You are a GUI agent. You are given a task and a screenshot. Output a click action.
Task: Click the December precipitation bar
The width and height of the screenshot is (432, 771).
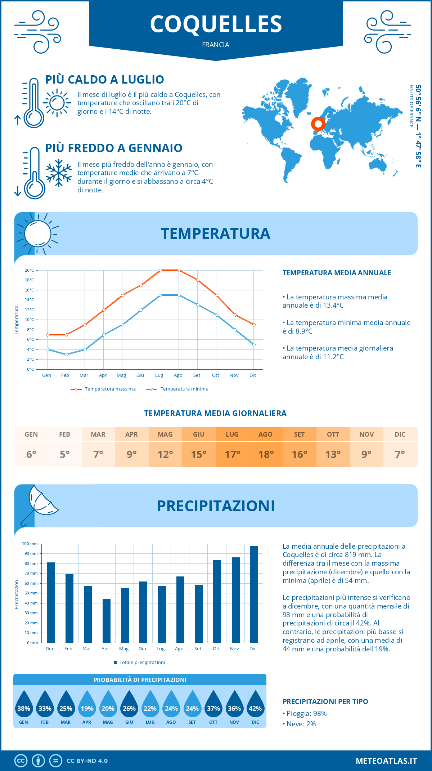pyautogui.click(x=254, y=594)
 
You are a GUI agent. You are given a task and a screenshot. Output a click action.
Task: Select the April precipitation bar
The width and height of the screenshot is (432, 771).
pyautogui.click(x=106, y=620)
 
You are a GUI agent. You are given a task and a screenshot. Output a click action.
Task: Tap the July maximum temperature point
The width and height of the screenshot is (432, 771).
pyautogui.click(x=160, y=270)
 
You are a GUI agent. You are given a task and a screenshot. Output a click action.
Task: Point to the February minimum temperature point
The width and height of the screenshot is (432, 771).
pyautogui.click(x=66, y=355)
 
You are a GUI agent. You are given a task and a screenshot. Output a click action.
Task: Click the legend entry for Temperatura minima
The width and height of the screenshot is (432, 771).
pyautogui.click(x=177, y=389)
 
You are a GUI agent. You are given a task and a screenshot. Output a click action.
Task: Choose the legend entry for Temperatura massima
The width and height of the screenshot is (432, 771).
pyautogui.click(x=103, y=389)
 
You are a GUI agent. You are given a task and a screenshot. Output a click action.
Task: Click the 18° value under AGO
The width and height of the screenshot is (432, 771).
pyautogui.click(x=266, y=454)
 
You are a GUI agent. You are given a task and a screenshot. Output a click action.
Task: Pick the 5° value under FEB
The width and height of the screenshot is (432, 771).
pyautogui.click(x=65, y=454)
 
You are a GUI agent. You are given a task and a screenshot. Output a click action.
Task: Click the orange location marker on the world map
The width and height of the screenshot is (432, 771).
pyautogui.click(x=318, y=124)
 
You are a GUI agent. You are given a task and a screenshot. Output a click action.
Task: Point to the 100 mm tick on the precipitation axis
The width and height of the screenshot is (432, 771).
pyautogui.click(x=30, y=544)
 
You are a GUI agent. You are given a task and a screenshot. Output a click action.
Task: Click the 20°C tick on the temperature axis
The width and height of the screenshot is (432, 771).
pyautogui.click(x=30, y=270)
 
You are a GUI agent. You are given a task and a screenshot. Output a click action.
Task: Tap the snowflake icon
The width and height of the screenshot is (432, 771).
pyautogui.click(x=59, y=173)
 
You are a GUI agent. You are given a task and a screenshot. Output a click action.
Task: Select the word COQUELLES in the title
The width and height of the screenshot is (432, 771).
pyautogui.click(x=216, y=24)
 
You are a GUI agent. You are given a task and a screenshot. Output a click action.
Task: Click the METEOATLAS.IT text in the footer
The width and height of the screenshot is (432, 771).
pyautogui.click(x=386, y=761)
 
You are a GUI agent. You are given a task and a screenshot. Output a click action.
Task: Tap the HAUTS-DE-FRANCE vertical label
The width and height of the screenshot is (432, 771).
pyautogui.click(x=411, y=106)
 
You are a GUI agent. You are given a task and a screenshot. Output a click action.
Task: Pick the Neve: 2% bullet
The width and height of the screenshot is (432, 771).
pyautogui.click(x=299, y=724)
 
